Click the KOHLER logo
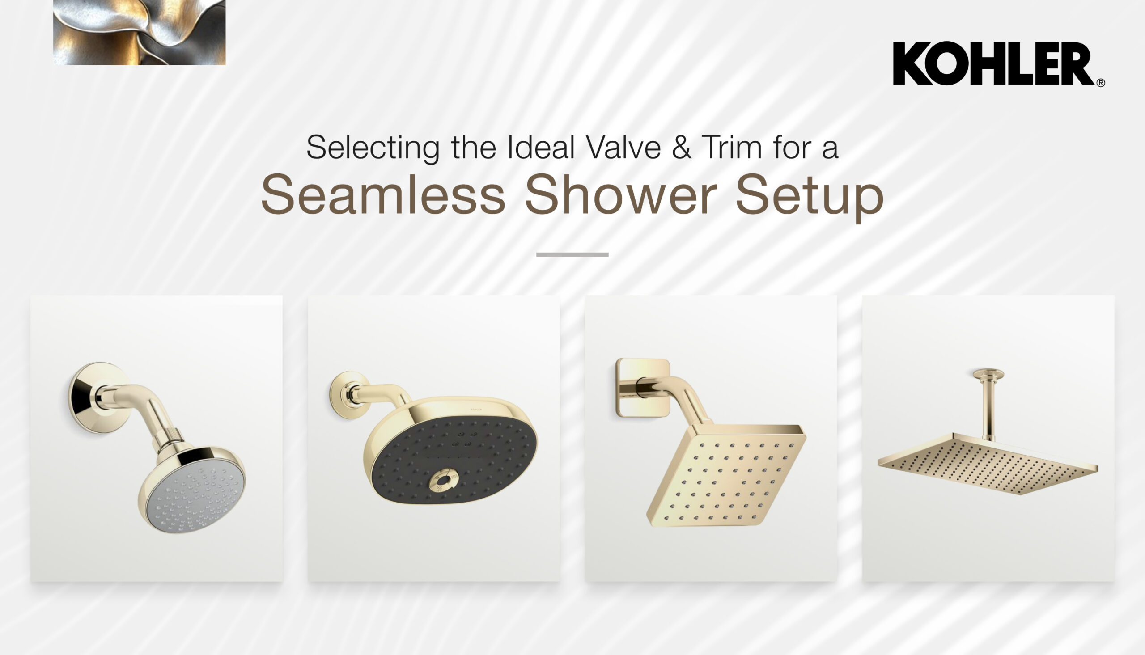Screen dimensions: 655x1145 tap(993, 63)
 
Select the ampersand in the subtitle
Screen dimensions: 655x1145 tap(681, 148)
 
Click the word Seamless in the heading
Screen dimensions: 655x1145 tap(383, 195)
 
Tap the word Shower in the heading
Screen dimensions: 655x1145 tap(620, 195)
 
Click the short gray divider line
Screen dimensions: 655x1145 tap(572, 254)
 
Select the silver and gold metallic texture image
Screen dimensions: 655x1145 tap(140, 32)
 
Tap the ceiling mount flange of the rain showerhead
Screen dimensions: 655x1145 tap(988, 374)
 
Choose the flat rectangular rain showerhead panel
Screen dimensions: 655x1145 tap(988, 463)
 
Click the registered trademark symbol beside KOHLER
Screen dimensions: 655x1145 tap(1100, 83)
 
